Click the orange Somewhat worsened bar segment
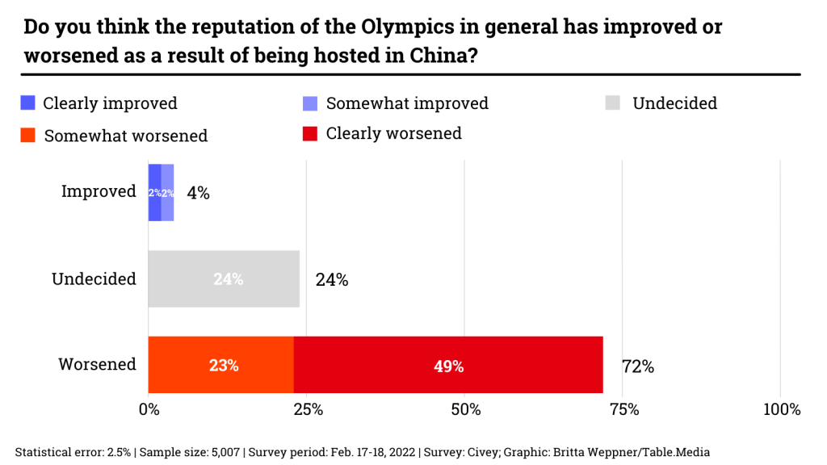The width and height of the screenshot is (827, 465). [220, 365]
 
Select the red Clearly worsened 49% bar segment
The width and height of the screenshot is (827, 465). [448, 365]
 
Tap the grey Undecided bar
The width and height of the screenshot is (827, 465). [224, 279]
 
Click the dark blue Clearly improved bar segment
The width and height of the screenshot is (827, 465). [154, 192]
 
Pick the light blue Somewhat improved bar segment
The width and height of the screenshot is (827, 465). [167, 192]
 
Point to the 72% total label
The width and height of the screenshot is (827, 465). [637, 367]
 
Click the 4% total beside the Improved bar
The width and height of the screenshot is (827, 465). [198, 193]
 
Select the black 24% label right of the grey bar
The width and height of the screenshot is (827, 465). [332, 280]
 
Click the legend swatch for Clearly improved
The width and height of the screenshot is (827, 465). [28, 103]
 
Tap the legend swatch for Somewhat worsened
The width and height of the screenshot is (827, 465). [28, 135]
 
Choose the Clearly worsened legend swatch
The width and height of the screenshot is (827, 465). [310, 133]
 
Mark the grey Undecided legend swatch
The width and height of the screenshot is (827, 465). [613, 103]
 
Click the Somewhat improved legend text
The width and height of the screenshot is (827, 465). [407, 103]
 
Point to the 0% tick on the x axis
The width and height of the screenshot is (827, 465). [149, 409]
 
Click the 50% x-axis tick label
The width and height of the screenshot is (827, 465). [465, 409]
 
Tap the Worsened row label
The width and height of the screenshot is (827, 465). [97, 364]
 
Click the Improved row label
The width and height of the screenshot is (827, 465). [99, 191]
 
